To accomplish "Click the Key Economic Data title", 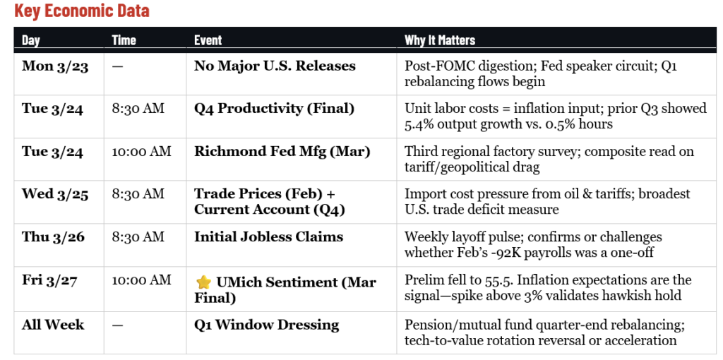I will click(81, 12).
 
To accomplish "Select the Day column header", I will click(31, 40).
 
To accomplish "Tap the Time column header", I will click(124, 40).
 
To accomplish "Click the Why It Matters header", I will click(439, 40).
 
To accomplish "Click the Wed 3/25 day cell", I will click(55, 195).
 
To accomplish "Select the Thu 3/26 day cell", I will click(53, 237).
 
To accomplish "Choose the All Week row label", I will click(53, 325).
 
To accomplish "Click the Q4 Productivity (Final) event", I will click(275, 109).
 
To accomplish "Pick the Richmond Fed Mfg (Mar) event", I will click(282, 151).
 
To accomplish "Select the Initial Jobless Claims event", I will click(268, 237).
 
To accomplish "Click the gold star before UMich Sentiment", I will click(203, 282).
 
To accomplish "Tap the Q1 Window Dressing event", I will click(267, 325).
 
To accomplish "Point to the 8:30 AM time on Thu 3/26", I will click(138, 237).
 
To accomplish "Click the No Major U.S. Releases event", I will click(275, 66).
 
